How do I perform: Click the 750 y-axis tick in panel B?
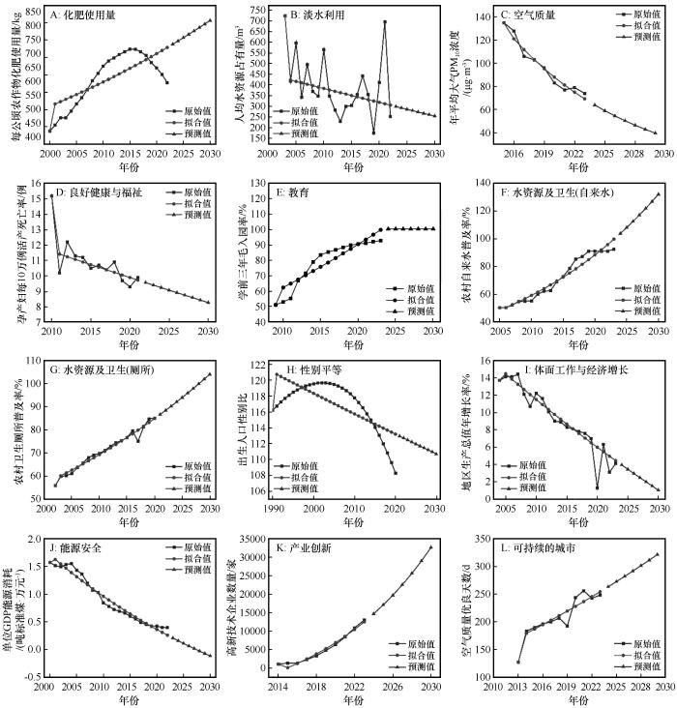click(259, 9)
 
